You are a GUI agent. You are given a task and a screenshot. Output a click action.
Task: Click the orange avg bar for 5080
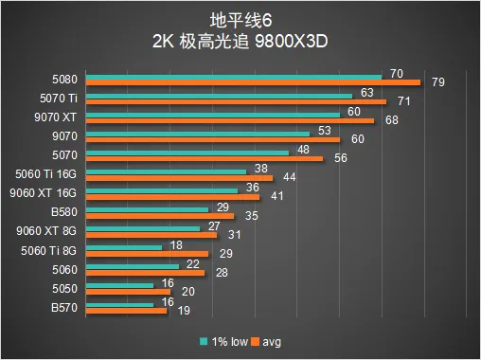click(x=253, y=82)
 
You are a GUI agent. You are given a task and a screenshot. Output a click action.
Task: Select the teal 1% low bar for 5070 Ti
click(x=219, y=96)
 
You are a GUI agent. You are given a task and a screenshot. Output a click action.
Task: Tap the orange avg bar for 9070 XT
click(x=230, y=120)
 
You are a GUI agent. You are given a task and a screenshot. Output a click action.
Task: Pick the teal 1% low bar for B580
click(x=147, y=209)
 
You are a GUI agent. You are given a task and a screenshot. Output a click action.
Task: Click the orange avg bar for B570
click(x=126, y=311)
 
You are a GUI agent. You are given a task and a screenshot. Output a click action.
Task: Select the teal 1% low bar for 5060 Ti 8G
click(x=124, y=248)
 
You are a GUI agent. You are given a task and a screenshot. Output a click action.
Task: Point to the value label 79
click(x=438, y=82)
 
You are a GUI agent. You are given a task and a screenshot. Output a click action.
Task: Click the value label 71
click(x=404, y=101)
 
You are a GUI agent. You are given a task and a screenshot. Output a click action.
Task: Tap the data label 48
click(x=303, y=150)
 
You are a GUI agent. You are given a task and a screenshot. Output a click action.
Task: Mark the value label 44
click(x=290, y=177)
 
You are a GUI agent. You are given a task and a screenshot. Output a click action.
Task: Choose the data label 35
click(x=252, y=216)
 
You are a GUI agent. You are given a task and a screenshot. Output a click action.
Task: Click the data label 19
click(x=184, y=311)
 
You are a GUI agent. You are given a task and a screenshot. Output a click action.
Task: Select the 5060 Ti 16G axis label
click(x=46, y=174)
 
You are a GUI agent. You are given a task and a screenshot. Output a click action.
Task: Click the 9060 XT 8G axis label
click(x=46, y=231)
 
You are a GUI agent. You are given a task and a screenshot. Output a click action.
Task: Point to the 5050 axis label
click(x=64, y=289)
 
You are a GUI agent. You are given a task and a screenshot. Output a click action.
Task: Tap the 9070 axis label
click(x=64, y=136)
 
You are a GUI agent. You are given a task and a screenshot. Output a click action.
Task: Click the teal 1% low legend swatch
click(x=204, y=341)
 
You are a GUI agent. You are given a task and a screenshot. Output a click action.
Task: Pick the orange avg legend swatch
click(x=255, y=341)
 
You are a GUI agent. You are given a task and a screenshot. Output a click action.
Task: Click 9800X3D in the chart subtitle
click(x=291, y=41)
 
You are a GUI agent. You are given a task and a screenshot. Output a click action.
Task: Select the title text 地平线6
click(x=240, y=21)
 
